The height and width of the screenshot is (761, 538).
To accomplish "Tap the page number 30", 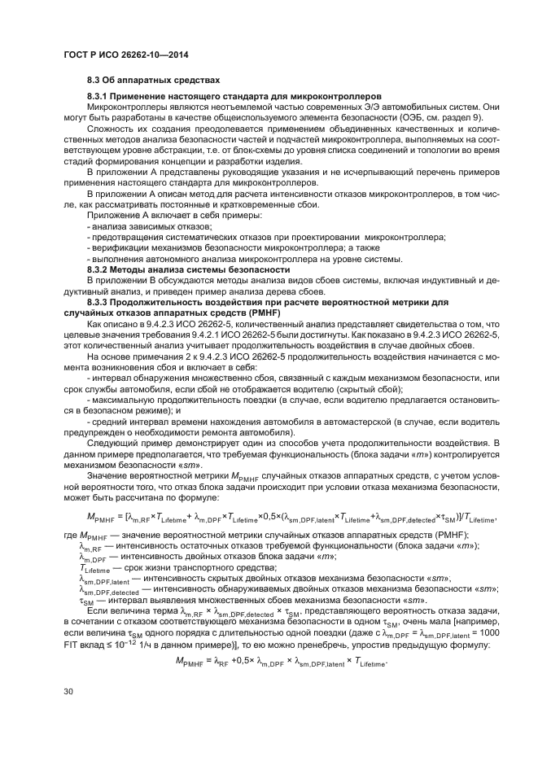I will (x=69, y=714).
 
